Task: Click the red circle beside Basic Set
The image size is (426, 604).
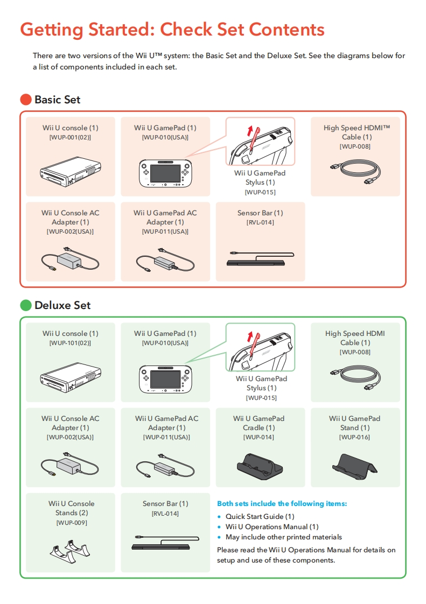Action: click(26, 100)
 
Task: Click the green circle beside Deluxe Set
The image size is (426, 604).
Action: click(26, 305)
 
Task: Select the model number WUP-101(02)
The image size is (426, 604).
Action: click(70, 343)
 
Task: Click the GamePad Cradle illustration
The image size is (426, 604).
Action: click(260, 465)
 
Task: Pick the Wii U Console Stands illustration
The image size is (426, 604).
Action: click(70, 550)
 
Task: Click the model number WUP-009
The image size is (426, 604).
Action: click(71, 523)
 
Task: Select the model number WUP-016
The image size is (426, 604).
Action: click(354, 437)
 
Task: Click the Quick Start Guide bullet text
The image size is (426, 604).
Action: click(260, 516)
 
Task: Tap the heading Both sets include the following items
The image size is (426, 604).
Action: click(282, 504)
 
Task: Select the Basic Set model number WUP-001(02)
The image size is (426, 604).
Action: click(70, 137)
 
